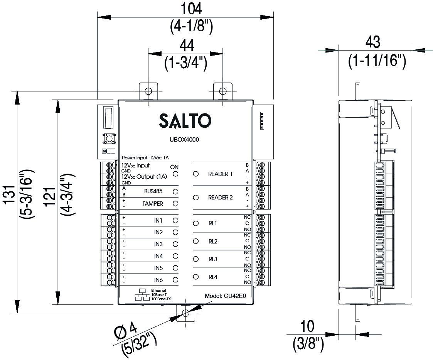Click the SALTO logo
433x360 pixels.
185,121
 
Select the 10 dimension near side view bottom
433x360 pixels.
307,326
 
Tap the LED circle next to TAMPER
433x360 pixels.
175,203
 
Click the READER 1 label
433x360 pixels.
220,174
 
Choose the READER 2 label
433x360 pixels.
220,198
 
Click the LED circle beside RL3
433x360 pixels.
196,259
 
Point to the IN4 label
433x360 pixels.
158,256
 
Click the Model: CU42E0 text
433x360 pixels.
225,296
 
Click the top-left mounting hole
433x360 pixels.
148,91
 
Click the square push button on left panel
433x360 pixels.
108,139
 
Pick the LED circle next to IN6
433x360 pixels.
175,280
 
